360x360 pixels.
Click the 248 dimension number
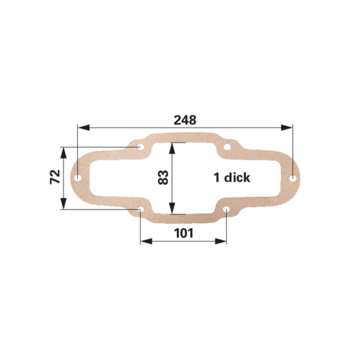185,120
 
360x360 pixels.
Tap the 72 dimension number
55,177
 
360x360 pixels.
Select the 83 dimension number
163,178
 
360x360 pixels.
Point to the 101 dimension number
184,233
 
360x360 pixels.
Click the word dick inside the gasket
237,178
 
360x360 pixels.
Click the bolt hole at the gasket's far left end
79,178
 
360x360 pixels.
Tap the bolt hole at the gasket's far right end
293,178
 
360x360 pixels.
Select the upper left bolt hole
140,147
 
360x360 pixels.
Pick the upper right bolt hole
227,147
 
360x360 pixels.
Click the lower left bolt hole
140,209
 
